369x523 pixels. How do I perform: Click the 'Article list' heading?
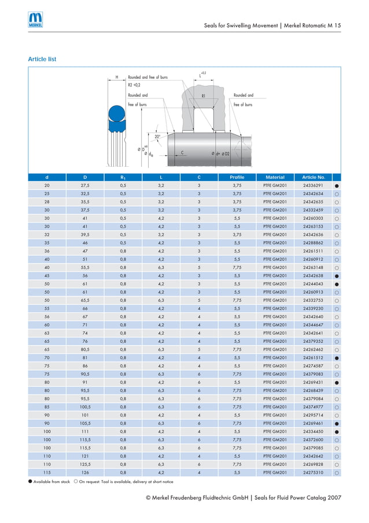tap(42, 60)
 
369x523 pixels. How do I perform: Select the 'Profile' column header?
tap(237, 177)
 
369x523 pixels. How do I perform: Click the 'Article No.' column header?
tap(313, 177)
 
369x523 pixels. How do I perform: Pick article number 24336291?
tap(313, 185)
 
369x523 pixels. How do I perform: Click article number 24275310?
tap(313, 473)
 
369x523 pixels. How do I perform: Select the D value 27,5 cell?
tap(85, 185)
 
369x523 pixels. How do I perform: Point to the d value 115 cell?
tap(47, 473)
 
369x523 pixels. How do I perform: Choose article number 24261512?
tap(313, 358)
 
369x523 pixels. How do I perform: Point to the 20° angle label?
tap(157, 137)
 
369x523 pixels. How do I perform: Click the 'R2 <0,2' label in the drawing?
tap(134, 85)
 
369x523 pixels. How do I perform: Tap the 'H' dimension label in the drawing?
tap(117, 77)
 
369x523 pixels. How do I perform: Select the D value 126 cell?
tap(85, 473)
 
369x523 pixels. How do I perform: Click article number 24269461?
tap(313, 423)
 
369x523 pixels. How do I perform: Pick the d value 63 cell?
tap(47, 334)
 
